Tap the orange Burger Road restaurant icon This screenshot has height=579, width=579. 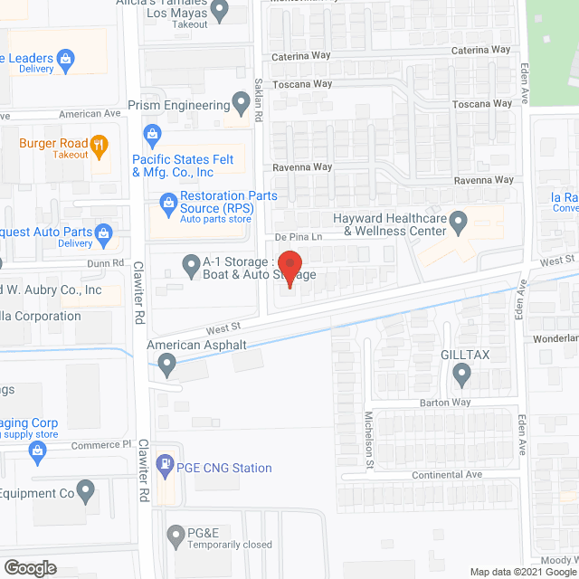click(x=100, y=144)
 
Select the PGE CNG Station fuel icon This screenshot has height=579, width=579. click(x=165, y=467)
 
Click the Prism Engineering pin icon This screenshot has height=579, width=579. click(x=242, y=105)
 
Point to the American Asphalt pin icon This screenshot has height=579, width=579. click(x=166, y=364)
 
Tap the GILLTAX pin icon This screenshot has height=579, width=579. click(x=462, y=373)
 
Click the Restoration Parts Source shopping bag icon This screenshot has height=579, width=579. click(x=166, y=203)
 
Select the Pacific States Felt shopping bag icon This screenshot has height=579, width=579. click(x=151, y=137)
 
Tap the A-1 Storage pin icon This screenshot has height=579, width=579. click(x=191, y=266)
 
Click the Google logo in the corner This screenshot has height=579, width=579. click(x=29, y=567)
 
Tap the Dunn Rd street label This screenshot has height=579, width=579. click(x=106, y=262)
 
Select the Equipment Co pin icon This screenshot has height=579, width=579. click(x=86, y=492)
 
